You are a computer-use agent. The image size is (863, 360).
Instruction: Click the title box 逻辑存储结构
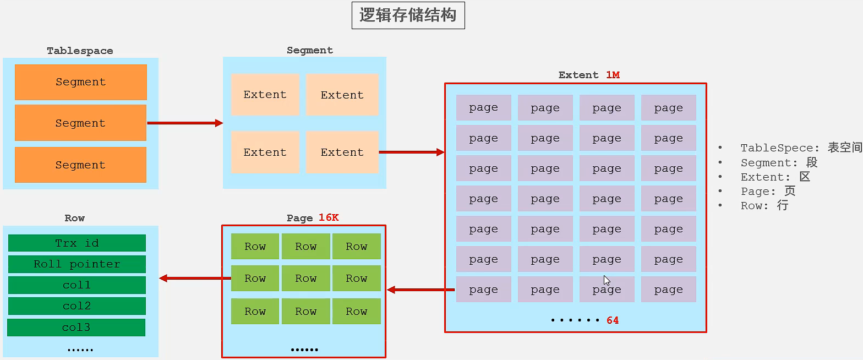click(408, 15)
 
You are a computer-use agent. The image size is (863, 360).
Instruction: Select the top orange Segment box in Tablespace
click(80, 82)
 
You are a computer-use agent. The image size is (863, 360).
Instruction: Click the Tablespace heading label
click(80, 51)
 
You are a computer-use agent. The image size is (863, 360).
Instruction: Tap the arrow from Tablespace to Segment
click(184, 123)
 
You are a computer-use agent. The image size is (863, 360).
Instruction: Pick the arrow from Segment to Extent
click(411, 152)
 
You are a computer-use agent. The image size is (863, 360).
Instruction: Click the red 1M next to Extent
click(613, 75)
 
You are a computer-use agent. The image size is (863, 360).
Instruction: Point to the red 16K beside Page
click(329, 218)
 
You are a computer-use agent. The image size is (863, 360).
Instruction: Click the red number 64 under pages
click(613, 320)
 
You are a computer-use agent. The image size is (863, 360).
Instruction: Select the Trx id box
click(77, 243)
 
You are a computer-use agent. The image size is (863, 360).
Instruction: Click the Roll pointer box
click(77, 264)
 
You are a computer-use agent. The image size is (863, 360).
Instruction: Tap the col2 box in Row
click(77, 306)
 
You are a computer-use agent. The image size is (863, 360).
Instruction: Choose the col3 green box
click(76, 328)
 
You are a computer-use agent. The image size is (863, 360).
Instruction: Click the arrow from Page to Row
click(194, 279)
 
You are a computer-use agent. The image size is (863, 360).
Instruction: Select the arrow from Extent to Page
click(420, 290)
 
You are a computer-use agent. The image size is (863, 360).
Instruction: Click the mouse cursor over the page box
click(607, 280)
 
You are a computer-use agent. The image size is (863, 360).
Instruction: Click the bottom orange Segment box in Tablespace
click(80, 165)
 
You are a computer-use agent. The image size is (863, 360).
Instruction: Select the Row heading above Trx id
click(74, 218)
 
